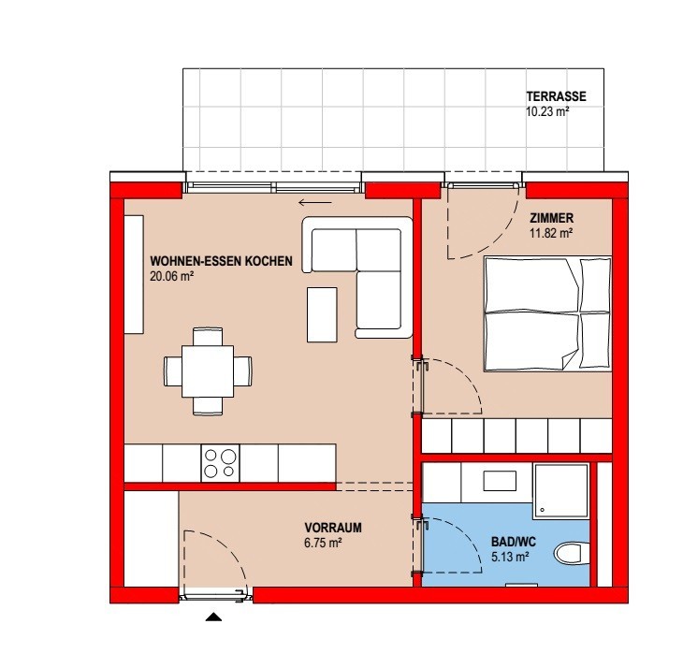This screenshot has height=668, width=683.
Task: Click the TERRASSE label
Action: (x=556, y=96)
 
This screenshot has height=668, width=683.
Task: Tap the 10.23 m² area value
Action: (x=547, y=111)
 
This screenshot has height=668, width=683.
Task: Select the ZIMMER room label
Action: (x=551, y=218)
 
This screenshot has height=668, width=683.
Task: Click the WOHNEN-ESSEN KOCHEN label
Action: (x=221, y=261)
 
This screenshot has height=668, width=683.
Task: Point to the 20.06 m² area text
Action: (x=171, y=276)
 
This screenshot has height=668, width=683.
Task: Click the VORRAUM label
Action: (x=333, y=528)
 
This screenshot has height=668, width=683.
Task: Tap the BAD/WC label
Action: (x=514, y=542)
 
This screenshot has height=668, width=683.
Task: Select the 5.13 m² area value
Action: (x=510, y=557)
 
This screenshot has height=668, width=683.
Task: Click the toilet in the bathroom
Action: (x=572, y=553)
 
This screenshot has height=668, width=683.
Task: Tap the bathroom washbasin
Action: (x=500, y=481)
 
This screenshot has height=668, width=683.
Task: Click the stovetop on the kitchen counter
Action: (x=220, y=463)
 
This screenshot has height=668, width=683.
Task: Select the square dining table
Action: (x=208, y=371)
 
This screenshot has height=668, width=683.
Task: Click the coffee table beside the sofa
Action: (x=322, y=314)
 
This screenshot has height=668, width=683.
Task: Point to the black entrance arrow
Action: (x=213, y=617)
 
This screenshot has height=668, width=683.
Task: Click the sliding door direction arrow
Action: (x=315, y=202)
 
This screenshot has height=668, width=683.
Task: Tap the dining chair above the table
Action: (x=208, y=337)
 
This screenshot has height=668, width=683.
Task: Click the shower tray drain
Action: (x=543, y=510)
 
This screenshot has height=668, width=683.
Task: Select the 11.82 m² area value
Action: (x=551, y=233)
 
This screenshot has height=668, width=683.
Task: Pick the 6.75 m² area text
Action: (x=323, y=543)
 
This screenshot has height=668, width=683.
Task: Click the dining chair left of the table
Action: (x=173, y=371)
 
